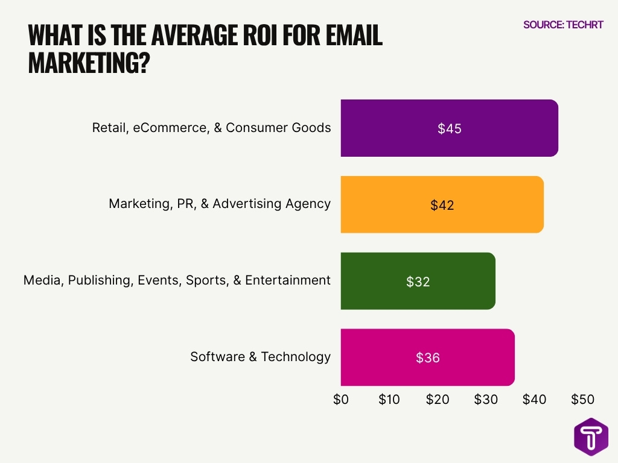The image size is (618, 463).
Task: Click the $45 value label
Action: [450, 128]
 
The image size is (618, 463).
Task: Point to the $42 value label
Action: [442, 205]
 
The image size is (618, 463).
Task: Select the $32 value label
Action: [418, 282]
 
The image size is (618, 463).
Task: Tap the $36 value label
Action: [428, 357]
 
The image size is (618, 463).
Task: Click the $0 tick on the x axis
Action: [341, 399]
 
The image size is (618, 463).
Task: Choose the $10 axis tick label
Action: [389, 399]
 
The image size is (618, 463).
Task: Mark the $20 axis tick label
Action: [438, 399]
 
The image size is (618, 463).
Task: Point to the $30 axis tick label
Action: [486, 399]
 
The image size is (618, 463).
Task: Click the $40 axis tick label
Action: [534, 399]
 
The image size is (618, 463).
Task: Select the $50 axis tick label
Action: [582, 399]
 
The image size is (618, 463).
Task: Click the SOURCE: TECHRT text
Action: [563, 25]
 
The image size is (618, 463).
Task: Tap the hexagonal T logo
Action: [591, 436]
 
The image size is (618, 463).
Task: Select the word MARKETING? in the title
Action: [89, 63]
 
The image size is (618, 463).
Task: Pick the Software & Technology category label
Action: [260, 356]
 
